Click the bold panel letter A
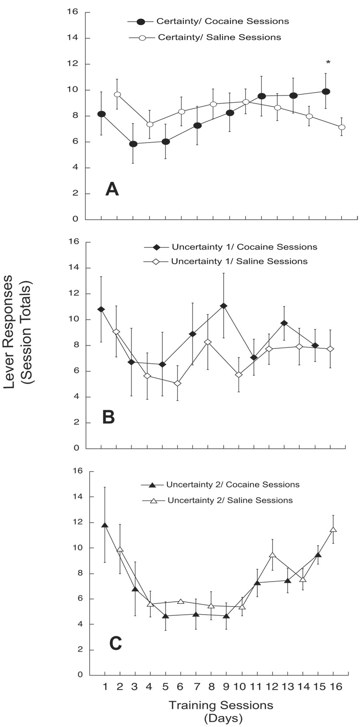[112, 190]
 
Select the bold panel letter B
[108, 417]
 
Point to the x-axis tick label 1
[105, 687]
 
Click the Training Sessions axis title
[220, 705]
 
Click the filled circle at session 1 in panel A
[102, 114]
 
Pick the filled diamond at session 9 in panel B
[224, 306]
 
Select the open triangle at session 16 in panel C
[333, 530]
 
